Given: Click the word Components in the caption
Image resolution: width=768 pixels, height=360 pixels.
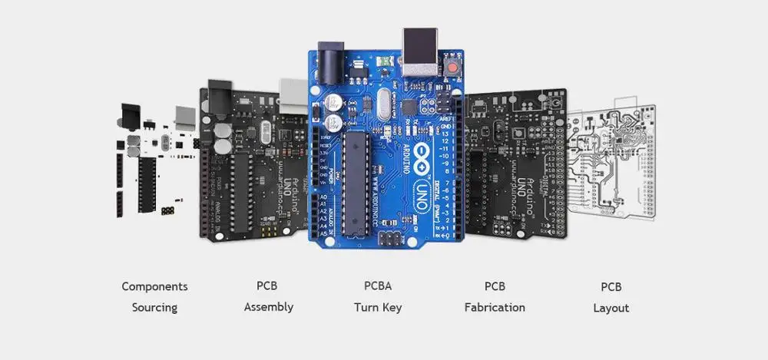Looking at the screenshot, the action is point(154,286).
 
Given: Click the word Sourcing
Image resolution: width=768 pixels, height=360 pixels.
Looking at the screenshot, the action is point(154,308).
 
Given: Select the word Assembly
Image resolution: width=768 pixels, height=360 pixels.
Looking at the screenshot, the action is point(269,307).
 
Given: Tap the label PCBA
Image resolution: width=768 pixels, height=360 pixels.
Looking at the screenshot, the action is point(378,286).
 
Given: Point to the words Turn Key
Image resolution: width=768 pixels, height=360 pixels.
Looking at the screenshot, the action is point(378,308).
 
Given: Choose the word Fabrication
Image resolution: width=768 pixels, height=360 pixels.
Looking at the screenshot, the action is point(495,307).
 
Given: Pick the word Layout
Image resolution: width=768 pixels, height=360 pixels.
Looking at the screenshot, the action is point(611,308).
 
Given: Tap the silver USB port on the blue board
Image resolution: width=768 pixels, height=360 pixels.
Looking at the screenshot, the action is point(420,52).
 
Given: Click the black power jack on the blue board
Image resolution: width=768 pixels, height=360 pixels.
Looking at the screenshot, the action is point(331,61).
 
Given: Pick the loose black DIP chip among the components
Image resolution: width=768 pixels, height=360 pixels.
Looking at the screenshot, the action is point(147,184).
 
